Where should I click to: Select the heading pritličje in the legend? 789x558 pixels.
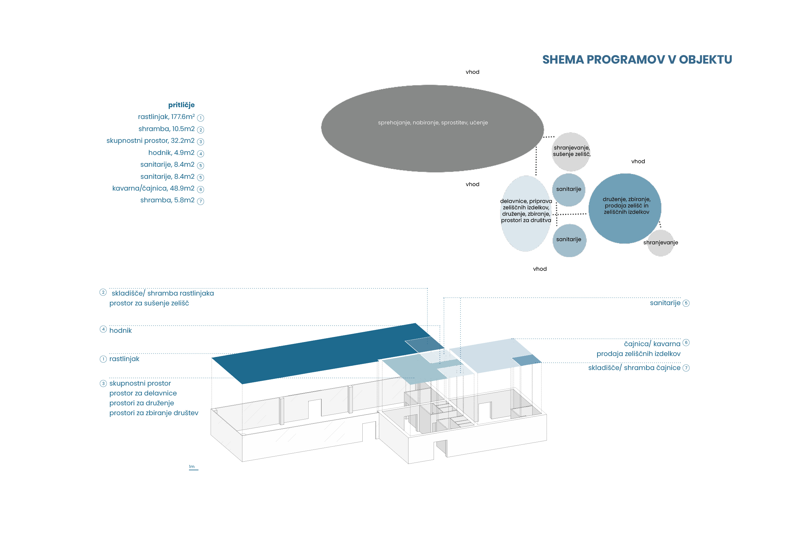pyautogui.click(x=181, y=105)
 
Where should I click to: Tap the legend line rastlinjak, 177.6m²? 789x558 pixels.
pyautogui.click(x=166, y=117)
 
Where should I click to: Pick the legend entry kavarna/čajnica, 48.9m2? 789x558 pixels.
pyautogui.click(x=153, y=188)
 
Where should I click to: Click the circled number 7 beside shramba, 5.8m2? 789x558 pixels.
pyautogui.click(x=201, y=201)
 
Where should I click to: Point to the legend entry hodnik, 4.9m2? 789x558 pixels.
pyautogui.click(x=171, y=153)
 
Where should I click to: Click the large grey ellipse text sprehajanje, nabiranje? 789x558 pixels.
pyautogui.click(x=433, y=123)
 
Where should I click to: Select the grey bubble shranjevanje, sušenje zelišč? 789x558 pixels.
pyautogui.click(x=571, y=151)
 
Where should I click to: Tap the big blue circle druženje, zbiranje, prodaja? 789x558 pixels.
pyautogui.click(x=625, y=209)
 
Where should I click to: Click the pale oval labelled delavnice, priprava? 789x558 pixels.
pyautogui.click(x=526, y=213)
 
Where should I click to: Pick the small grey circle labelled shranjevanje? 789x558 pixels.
pyautogui.click(x=660, y=243)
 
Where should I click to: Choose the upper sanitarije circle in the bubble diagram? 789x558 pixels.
pyautogui.click(x=569, y=190)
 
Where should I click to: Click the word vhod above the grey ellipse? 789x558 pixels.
pyautogui.click(x=472, y=72)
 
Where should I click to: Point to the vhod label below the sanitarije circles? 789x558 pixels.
pyautogui.click(x=540, y=269)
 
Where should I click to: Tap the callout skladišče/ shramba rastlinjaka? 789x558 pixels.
pyautogui.click(x=163, y=293)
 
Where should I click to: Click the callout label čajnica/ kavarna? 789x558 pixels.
pyautogui.click(x=652, y=344)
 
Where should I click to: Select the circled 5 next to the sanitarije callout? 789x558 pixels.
pyautogui.click(x=686, y=303)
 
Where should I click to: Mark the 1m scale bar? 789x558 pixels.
pyautogui.click(x=193, y=470)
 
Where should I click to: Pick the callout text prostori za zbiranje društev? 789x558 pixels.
pyautogui.click(x=154, y=413)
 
